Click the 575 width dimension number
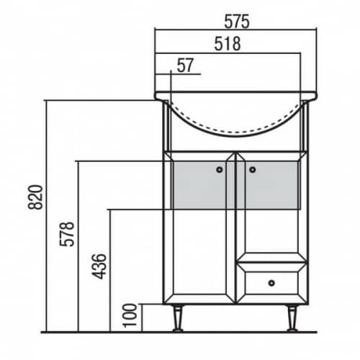(x=237, y=22)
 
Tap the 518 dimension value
(x=228, y=44)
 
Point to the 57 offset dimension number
(x=185, y=65)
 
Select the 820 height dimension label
(x=35, y=197)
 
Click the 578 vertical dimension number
(x=67, y=234)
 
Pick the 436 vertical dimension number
(x=99, y=266)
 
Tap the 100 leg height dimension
(x=130, y=315)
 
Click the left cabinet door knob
(x=220, y=170)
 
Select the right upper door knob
(x=252, y=170)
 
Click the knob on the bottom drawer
(x=271, y=283)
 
